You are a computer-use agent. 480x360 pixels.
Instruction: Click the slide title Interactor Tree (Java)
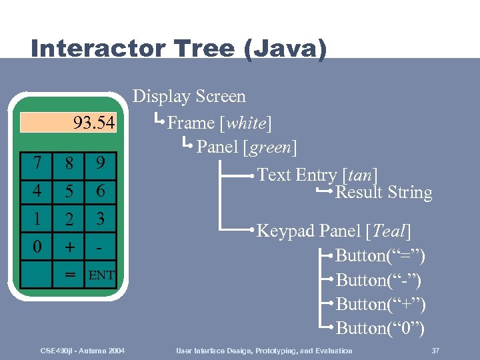(179, 49)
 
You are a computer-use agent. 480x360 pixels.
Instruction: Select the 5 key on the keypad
(69, 191)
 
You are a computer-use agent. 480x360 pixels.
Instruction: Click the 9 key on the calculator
(101, 163)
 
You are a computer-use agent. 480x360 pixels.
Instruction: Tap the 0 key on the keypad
(37, 247)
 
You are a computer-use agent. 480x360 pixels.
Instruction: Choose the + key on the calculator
(69, 247)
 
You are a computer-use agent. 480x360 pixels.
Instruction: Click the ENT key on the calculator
(101, 275)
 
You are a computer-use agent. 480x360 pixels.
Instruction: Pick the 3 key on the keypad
(101, 219)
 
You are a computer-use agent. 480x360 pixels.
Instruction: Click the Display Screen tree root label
(189, 97)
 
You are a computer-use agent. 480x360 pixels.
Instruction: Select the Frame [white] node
(219, 123)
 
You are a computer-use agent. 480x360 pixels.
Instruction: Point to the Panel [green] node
(247, 147)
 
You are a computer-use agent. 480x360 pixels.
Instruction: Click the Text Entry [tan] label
(317, 175)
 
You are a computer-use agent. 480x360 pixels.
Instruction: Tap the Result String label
(383, 193)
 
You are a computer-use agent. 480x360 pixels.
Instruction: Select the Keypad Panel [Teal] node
(333, 231)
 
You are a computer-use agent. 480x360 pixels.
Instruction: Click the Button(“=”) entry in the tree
(380, 256)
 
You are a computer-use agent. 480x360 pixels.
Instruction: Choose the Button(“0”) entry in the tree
(380, 328)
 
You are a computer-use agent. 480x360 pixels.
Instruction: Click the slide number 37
(435, 351)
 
